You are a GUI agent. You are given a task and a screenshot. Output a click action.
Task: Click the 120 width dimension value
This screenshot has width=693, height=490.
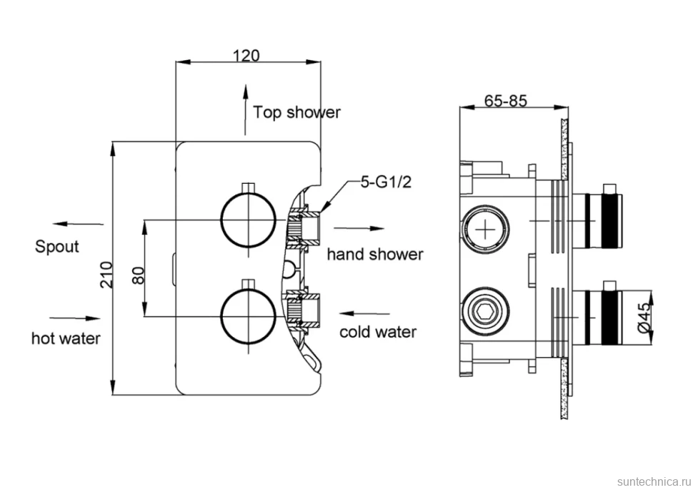pyautogui.click(x=246, y=56)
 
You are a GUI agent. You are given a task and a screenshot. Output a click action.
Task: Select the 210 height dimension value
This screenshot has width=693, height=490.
pyautogui.click(x=106, y=275)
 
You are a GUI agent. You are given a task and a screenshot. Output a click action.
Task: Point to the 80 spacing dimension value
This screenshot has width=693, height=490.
pyautogui.click(x=138, y=275)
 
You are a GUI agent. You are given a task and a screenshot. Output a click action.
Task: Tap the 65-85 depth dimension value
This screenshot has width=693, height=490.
pyautogui.click(x=506, y=101)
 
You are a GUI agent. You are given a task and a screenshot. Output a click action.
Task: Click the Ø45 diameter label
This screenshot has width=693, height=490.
pyautogui.click(x=644, y=317)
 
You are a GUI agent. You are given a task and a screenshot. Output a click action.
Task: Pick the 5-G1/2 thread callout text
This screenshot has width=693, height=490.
pyautogui.click(x=386, y=182)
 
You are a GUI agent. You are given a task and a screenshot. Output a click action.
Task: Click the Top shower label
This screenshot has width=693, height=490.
pyautogui.click(x=296, y=112)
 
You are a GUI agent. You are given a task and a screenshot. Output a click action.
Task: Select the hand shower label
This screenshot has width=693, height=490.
pyautogui.click(x=375, y=255)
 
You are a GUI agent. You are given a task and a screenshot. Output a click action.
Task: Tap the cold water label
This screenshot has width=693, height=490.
pyautogui.click(x=378, y=332)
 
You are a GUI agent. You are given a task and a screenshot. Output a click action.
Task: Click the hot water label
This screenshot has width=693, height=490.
pyautogui.click(x=66, y=338)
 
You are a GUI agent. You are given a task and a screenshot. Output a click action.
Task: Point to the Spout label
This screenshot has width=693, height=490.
pyautogui.click(x=57, y=247)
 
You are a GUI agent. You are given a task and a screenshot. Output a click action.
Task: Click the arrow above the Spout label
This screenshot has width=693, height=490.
pyautogui.click(x=77, y=224)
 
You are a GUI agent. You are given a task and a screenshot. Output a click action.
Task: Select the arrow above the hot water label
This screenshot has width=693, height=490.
pyautogui.click(x=75, y=318)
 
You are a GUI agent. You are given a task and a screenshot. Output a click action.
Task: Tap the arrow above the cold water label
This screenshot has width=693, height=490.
pyautogui.click(x=364, y=313)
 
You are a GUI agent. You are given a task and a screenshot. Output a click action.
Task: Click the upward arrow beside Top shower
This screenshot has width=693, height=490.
pyautogui.click(x=245, y=109)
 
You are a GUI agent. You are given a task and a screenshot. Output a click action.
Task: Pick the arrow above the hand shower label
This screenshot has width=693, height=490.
pyautogui.click(x=359, y=228)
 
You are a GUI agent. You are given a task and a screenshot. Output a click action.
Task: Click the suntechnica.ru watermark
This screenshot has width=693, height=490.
pyautogui.click(x=653, y=481)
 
